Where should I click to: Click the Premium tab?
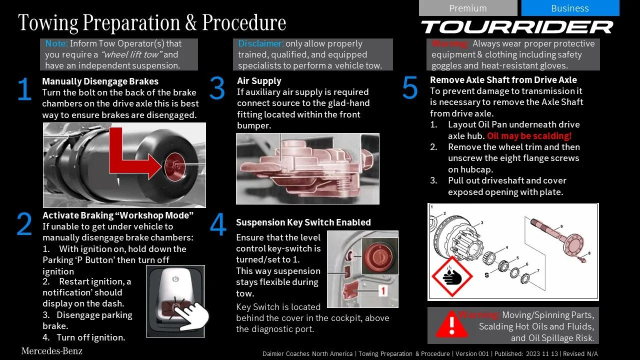coord(468,8)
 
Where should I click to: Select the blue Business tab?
coord(570,8)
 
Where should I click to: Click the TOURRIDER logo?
coord(517,27)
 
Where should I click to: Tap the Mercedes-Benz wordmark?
coord(52,351)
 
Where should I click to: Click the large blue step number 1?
coord(24,89)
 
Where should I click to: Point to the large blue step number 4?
coord(218,224)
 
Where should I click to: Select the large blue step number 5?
coord(410,87)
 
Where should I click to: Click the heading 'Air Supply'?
coord(259,81)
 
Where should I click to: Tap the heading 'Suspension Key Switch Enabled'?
coord(303,222)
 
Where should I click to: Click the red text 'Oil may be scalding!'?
coord(529,135)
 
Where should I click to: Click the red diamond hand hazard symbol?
coord(452,276)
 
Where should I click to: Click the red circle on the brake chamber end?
coord(174,167)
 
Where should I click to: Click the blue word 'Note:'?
coord(56,43)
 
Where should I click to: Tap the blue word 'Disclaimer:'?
coord(260,43)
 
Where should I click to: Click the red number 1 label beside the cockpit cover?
coord(383,291)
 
